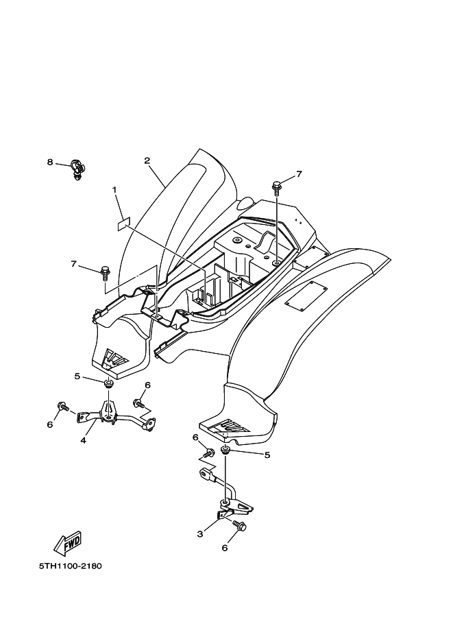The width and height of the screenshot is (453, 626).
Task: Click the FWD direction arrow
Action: point(68,543)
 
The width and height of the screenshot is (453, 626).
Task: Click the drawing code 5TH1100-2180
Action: point(70,566)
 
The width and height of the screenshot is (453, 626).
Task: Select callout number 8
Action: point(50,162)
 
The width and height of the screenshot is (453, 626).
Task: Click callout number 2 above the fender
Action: point(147,160)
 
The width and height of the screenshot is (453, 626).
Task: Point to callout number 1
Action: point(114,190)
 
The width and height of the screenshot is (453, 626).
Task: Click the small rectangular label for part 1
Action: point(124,224)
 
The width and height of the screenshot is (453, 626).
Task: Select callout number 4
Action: point(84,441)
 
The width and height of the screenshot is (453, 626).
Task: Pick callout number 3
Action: point(200,534)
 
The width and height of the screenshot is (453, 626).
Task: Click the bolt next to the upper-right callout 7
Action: point(276,187)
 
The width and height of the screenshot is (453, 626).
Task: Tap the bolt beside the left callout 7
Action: point(105,272)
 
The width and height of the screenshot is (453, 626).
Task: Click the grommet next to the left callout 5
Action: point(108,385)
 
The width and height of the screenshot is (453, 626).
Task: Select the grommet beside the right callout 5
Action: point(225,451)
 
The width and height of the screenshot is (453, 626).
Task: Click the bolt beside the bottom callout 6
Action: point(240,526)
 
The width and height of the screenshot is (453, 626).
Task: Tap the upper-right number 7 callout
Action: point(299,173)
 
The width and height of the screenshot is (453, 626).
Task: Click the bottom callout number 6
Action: point(225,549)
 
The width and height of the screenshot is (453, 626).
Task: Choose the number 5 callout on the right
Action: point(267,455)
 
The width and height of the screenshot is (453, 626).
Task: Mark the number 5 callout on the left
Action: point(77,376)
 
